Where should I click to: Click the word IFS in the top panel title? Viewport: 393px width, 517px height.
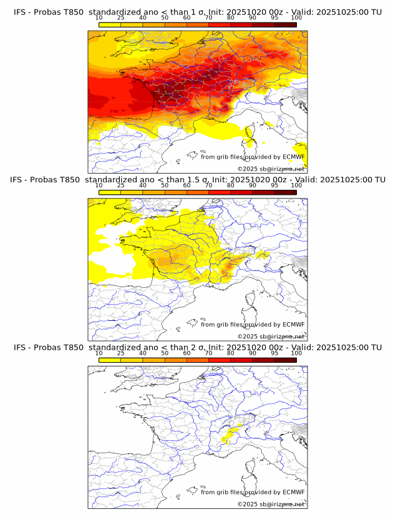click(x=21, y=12)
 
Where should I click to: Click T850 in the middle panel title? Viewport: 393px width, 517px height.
click(x=73, y=180)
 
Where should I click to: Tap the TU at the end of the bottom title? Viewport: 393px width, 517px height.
click(x=376, y=347)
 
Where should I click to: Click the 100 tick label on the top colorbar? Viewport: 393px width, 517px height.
click(x=296, y=18)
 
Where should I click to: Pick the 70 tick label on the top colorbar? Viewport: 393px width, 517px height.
click(x=208, y=18)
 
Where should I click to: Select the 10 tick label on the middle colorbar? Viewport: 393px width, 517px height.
click(x=99, y=185)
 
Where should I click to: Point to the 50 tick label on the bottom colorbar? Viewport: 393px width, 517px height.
click(x=165, y=353)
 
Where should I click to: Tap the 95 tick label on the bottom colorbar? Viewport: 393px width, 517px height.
click(x=274, y=353)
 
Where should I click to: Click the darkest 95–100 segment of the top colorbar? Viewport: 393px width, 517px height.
click(x=285, y=24)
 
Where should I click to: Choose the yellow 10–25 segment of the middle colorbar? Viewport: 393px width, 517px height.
click(x=110, y=192)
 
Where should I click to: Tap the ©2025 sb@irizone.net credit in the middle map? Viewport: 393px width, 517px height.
click(x=271, y=336)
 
